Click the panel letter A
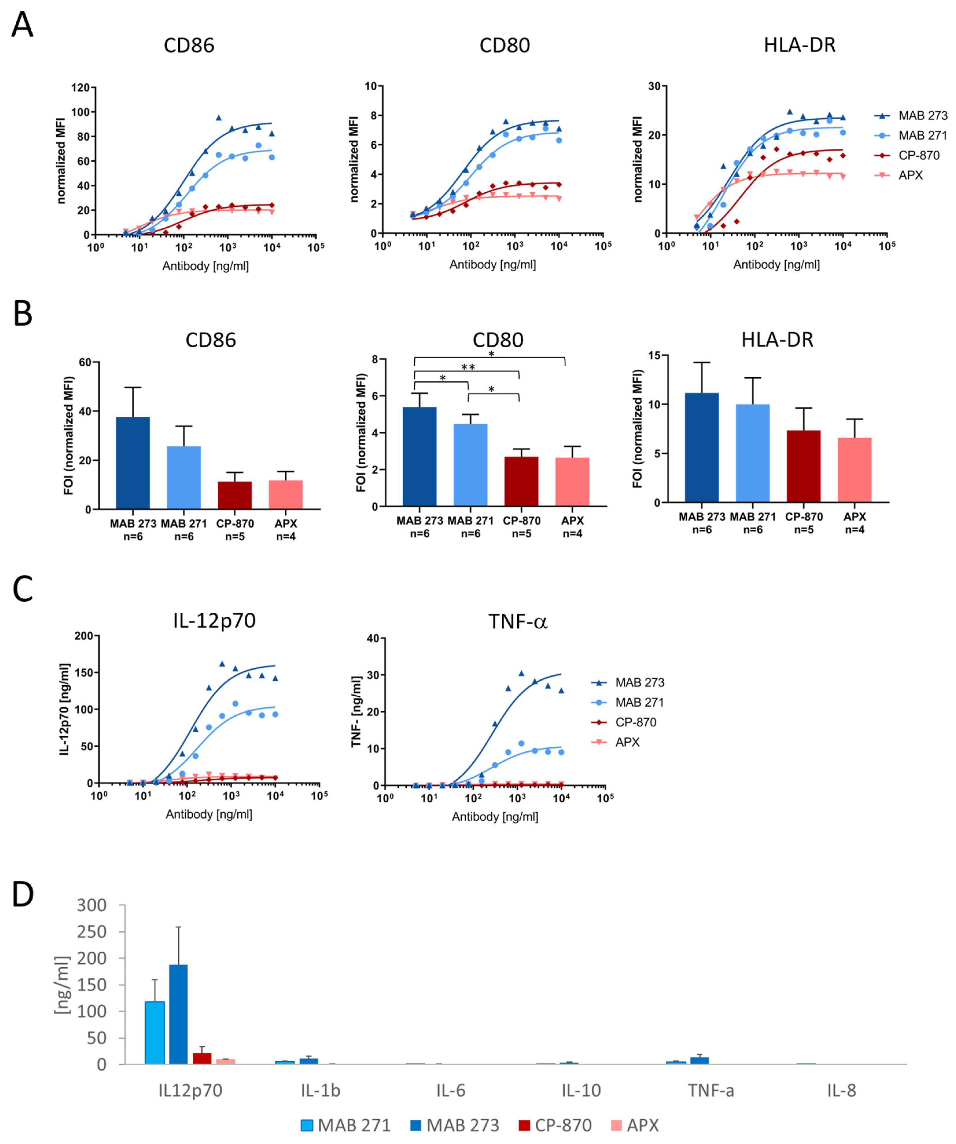22,25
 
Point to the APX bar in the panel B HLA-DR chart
854,470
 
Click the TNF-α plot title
517,621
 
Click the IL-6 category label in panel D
450,1091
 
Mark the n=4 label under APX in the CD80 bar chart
572,534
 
